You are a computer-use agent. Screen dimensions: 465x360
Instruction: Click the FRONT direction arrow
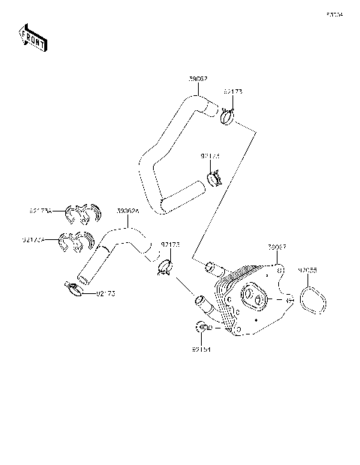32,37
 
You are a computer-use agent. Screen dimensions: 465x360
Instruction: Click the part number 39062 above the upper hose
198,77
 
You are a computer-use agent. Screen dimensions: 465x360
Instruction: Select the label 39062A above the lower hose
127,211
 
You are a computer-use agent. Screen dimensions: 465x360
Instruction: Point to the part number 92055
307,269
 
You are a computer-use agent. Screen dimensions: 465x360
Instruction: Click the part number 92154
201,349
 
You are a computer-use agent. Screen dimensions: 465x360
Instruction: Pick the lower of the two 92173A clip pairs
77,243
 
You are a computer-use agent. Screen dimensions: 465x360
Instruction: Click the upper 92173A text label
41,211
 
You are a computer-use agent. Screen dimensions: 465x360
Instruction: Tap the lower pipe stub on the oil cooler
202,302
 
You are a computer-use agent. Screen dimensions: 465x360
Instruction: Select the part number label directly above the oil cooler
277,246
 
